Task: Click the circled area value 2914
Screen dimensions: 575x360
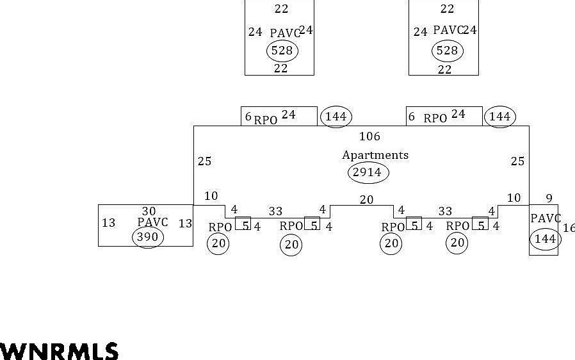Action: pyautogui.click(x=368, y=172)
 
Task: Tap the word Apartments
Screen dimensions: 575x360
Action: pyautogui.click(x=375, y=156)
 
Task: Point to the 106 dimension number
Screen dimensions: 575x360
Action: pyautogui.click(x=369, y=136)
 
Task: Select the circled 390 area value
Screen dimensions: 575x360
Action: pyautogui.click(x=148, y=237)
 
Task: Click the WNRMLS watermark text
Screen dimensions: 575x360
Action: pyautogui.click(x=59, y=351)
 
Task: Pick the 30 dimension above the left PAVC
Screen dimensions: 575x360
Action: pyautogui.click(x=149, y=211)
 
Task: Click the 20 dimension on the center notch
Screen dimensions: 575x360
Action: pyautogui.click(x=366, y=200)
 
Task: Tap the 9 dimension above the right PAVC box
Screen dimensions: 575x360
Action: pyautogui.click(x=549, y=199)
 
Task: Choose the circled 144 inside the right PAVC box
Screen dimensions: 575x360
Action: pyautogui.click(x=546, y=240)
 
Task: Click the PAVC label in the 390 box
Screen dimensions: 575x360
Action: pyautogui.click(x=152, y=222)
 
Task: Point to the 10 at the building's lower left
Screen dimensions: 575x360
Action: pyautogui.click(x=211, y=196)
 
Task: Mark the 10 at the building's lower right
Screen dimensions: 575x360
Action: pyautogui.click(x=514, y=198)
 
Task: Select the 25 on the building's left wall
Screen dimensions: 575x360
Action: pyautogui.click(x=205, y=161)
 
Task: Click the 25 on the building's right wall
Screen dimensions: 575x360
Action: pyautogui.click(x=518, y=161)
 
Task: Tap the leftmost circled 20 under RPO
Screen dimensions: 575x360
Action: pyautogui.click(x=218, y=243)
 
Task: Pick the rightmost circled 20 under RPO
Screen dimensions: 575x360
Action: pyautogui.click(x=457, y=243)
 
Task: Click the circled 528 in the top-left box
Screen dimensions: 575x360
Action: pyautogui.click(x=282, y=51)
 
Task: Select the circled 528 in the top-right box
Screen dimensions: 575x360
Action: pyautogui.click(x=448, y=51)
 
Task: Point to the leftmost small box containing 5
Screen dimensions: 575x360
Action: pyautogui.click(x=243, y=224)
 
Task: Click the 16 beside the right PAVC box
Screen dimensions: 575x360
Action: pyautogui.click(x=569, y=228)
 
